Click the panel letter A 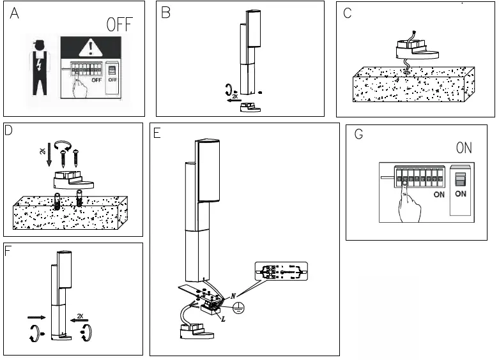14,15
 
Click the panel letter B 166,12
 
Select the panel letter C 348,13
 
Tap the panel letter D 9,131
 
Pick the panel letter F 8,250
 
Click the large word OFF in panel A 119,25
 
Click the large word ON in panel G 464,148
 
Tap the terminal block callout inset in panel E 280,272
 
